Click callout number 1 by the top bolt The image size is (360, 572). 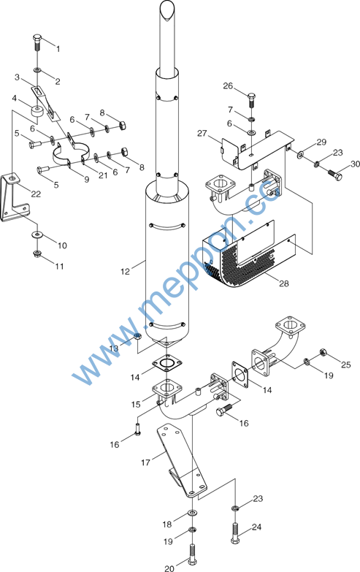[58, 49]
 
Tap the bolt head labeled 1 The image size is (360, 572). [37, 37]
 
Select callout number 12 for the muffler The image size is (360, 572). [125, 272]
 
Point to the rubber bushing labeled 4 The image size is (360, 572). [38, 112]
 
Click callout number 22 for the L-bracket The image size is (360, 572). [36, 194]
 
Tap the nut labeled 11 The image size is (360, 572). [37, 253]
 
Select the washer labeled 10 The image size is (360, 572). [37, 234]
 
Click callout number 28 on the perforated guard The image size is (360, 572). [284, 283]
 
